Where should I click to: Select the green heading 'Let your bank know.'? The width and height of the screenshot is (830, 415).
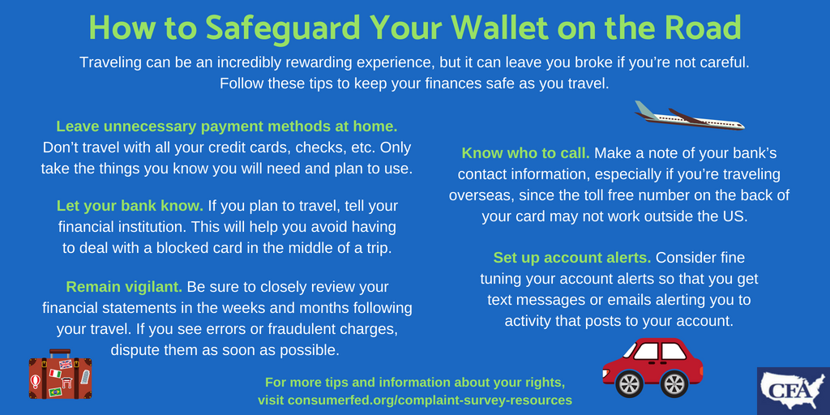click(x=130, y=205)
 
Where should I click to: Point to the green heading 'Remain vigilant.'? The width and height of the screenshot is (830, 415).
click(x=124, y=287)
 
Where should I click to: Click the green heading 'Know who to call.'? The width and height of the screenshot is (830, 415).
click(x=525, y=153)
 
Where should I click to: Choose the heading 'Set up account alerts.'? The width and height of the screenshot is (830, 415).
click(x=572, y=258)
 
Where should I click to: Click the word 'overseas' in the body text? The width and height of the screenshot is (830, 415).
click(x=481, y=195)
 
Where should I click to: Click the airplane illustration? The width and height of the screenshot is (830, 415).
click(x=689, y=115)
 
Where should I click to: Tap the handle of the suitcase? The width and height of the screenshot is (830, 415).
click(x=60, y=353)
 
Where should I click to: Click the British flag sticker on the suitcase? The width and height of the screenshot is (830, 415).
click(x=65, y=364)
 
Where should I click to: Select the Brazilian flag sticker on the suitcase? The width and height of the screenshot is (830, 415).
click(x=54, y=391)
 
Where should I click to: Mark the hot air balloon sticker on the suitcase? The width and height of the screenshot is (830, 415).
click(x=36, y=381)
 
